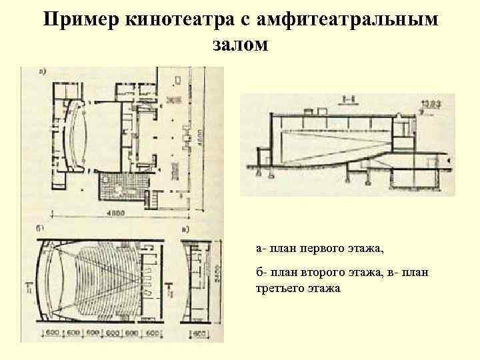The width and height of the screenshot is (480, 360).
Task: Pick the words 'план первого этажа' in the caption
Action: pos(326,248)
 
